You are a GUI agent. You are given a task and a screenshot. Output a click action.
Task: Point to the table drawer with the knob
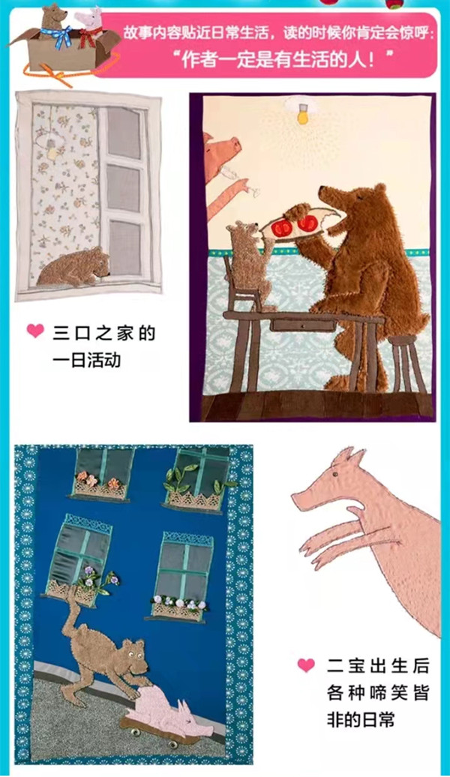click(x=295, y=325)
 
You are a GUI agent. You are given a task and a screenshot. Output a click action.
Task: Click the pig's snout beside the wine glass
click(x=235, y=145)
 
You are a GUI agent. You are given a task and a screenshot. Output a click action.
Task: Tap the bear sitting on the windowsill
click(x=74, y=268)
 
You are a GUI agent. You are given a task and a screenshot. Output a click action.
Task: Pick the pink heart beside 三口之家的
click(x=35, y=331)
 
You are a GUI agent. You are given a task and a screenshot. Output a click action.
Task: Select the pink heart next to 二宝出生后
click(x=306, y=665)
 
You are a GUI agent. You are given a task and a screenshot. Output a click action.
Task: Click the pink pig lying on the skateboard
click(x=171, y=717)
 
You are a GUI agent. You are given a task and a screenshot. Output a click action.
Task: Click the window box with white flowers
click(x=178, y=608)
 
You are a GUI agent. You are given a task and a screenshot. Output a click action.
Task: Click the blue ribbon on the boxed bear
click(x=56, y=37)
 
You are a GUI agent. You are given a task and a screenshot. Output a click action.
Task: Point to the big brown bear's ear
click(x=380, y=189)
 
